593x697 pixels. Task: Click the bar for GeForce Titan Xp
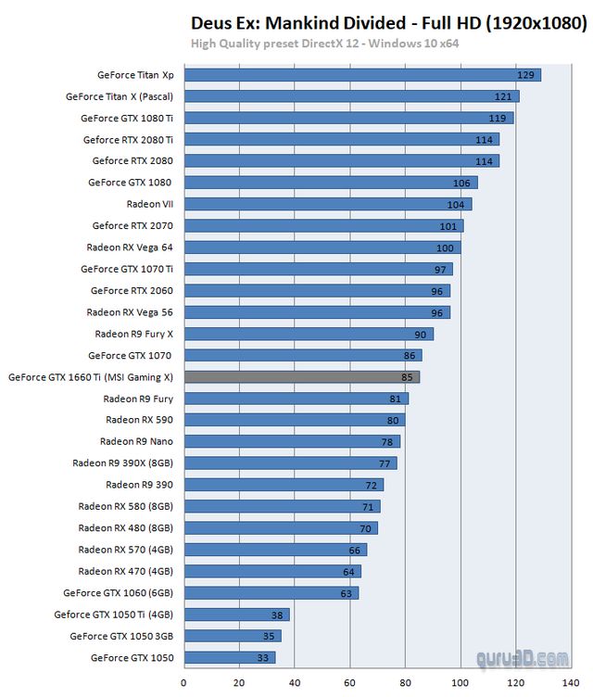point(361,75)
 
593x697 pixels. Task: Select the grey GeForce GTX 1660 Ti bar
point(302,377)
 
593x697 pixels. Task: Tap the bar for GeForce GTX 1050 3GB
point(232,637)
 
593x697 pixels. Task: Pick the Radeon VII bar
point(327,204)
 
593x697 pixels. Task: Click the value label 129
point(526,75)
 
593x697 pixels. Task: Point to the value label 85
point(407,377)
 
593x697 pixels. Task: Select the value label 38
point(276,615)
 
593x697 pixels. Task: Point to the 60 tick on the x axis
point(350,683)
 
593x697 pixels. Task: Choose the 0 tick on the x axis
point(183,683)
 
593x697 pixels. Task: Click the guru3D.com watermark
point(523,659)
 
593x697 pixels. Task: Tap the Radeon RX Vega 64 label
point(130,247)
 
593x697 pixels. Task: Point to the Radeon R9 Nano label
point(136,442)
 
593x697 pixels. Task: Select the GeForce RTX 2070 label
point(132,226)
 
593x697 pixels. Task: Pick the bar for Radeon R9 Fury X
point(309,334)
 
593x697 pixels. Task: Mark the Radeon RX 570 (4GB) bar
point(275,550)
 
